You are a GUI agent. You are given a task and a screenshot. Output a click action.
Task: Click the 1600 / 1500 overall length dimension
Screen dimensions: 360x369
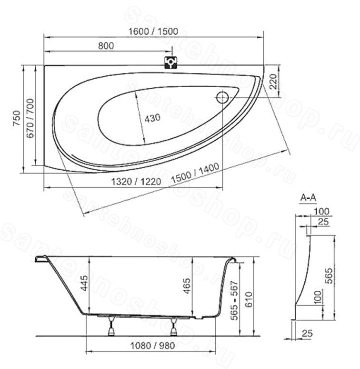(x=153, y=31)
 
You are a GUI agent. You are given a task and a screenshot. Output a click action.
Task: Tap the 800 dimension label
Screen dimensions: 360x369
(x=106, y=46)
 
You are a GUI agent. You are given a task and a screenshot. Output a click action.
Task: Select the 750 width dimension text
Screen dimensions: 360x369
(x=17, y=118)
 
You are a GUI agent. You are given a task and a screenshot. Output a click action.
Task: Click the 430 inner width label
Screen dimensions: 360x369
(x=152, y=118)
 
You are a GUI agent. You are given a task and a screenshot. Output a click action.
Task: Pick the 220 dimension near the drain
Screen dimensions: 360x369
(x=273, y=81)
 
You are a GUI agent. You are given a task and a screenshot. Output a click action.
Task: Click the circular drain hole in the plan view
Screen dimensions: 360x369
(x=222, y=97)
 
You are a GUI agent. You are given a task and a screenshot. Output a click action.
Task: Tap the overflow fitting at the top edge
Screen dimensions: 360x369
(x=171, y=63)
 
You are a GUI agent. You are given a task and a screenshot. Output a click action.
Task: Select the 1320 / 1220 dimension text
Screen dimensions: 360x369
(x=136, y=182)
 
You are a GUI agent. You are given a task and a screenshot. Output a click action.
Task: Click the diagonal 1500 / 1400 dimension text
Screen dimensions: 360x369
(x=195, y=173)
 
